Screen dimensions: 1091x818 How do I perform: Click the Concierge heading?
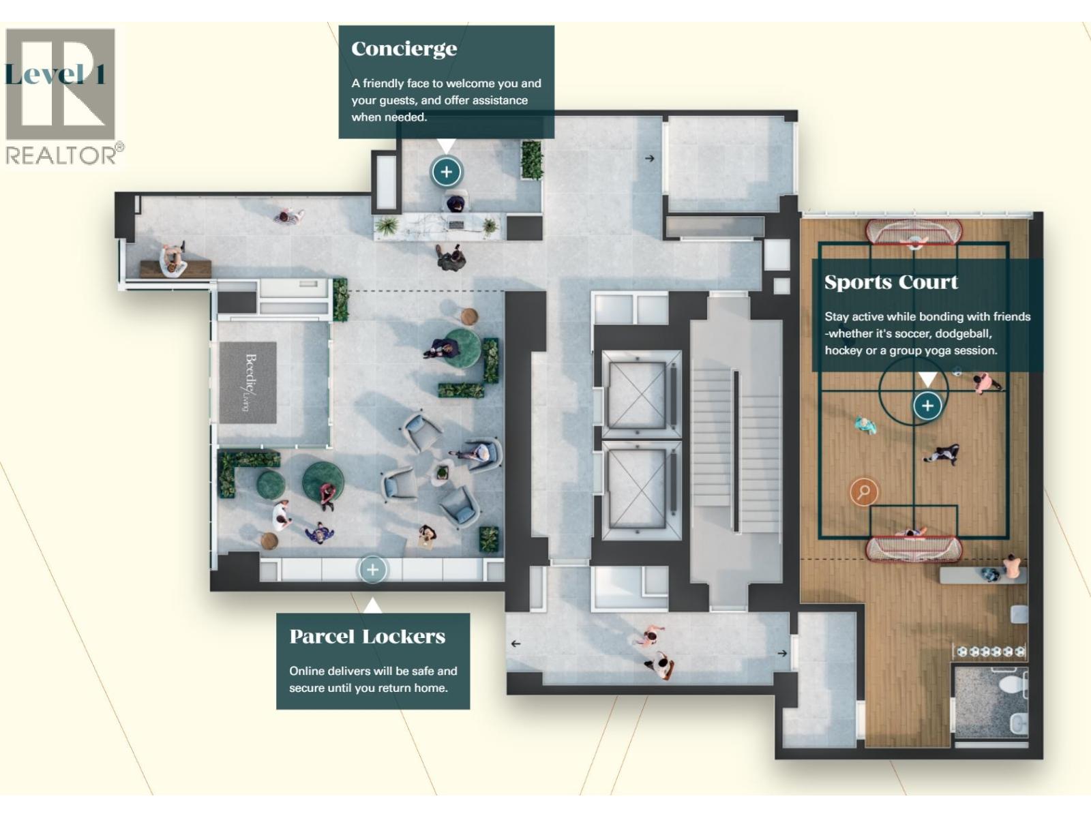[x=404, y=49]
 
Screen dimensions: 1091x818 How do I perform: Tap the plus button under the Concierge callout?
[x=447, y=172]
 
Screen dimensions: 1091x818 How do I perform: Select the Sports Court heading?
[x=891, y=282]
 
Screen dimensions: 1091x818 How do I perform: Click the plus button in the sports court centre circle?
[x=927, y=406]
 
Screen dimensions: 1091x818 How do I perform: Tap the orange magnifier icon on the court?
[x=864, y=491]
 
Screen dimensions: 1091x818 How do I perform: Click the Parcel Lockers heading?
[x=368, y=637]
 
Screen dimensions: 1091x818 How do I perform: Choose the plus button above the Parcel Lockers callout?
[x=372, y=570]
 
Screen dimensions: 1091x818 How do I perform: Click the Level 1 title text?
[x=55, y=74]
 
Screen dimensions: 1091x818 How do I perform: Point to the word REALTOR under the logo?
[x=61, y=155]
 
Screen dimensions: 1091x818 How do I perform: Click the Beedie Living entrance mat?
[x=248, y=382]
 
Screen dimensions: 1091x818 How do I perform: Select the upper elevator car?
[x=637, y=395]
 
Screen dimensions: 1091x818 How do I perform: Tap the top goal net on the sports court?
[x=914, y=232]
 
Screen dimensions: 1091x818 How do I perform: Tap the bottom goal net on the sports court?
[x=914, y=548]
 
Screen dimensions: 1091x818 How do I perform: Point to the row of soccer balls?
[x=989, y=652]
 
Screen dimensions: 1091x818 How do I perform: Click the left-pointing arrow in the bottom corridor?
[x=515, y=643]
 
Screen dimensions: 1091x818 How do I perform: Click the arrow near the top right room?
[x=649, y=158]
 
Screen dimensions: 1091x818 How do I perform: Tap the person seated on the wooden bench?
[x=173, y=260]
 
